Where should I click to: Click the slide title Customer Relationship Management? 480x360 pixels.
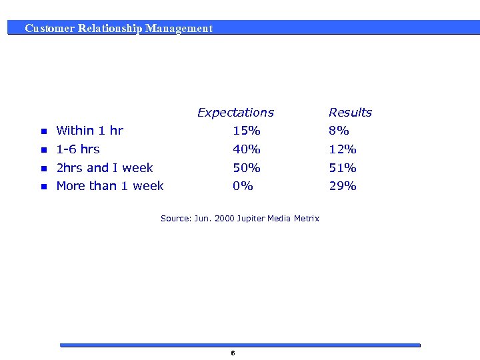119,29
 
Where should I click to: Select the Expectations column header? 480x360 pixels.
235,113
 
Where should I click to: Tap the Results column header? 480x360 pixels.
350,113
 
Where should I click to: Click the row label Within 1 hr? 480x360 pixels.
89,131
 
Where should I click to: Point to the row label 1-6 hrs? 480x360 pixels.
78,149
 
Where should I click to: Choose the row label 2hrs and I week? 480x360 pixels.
105,168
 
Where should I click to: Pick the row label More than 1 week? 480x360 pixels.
110,186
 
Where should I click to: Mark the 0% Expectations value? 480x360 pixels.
243,186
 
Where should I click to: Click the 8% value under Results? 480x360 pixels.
339,131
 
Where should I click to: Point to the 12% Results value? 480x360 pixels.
343,149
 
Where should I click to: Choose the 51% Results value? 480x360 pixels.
343,168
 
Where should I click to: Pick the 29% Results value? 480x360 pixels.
343,186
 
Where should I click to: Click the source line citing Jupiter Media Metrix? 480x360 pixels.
240,219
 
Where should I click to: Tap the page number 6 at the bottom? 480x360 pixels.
232,353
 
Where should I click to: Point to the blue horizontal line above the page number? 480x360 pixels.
240,345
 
